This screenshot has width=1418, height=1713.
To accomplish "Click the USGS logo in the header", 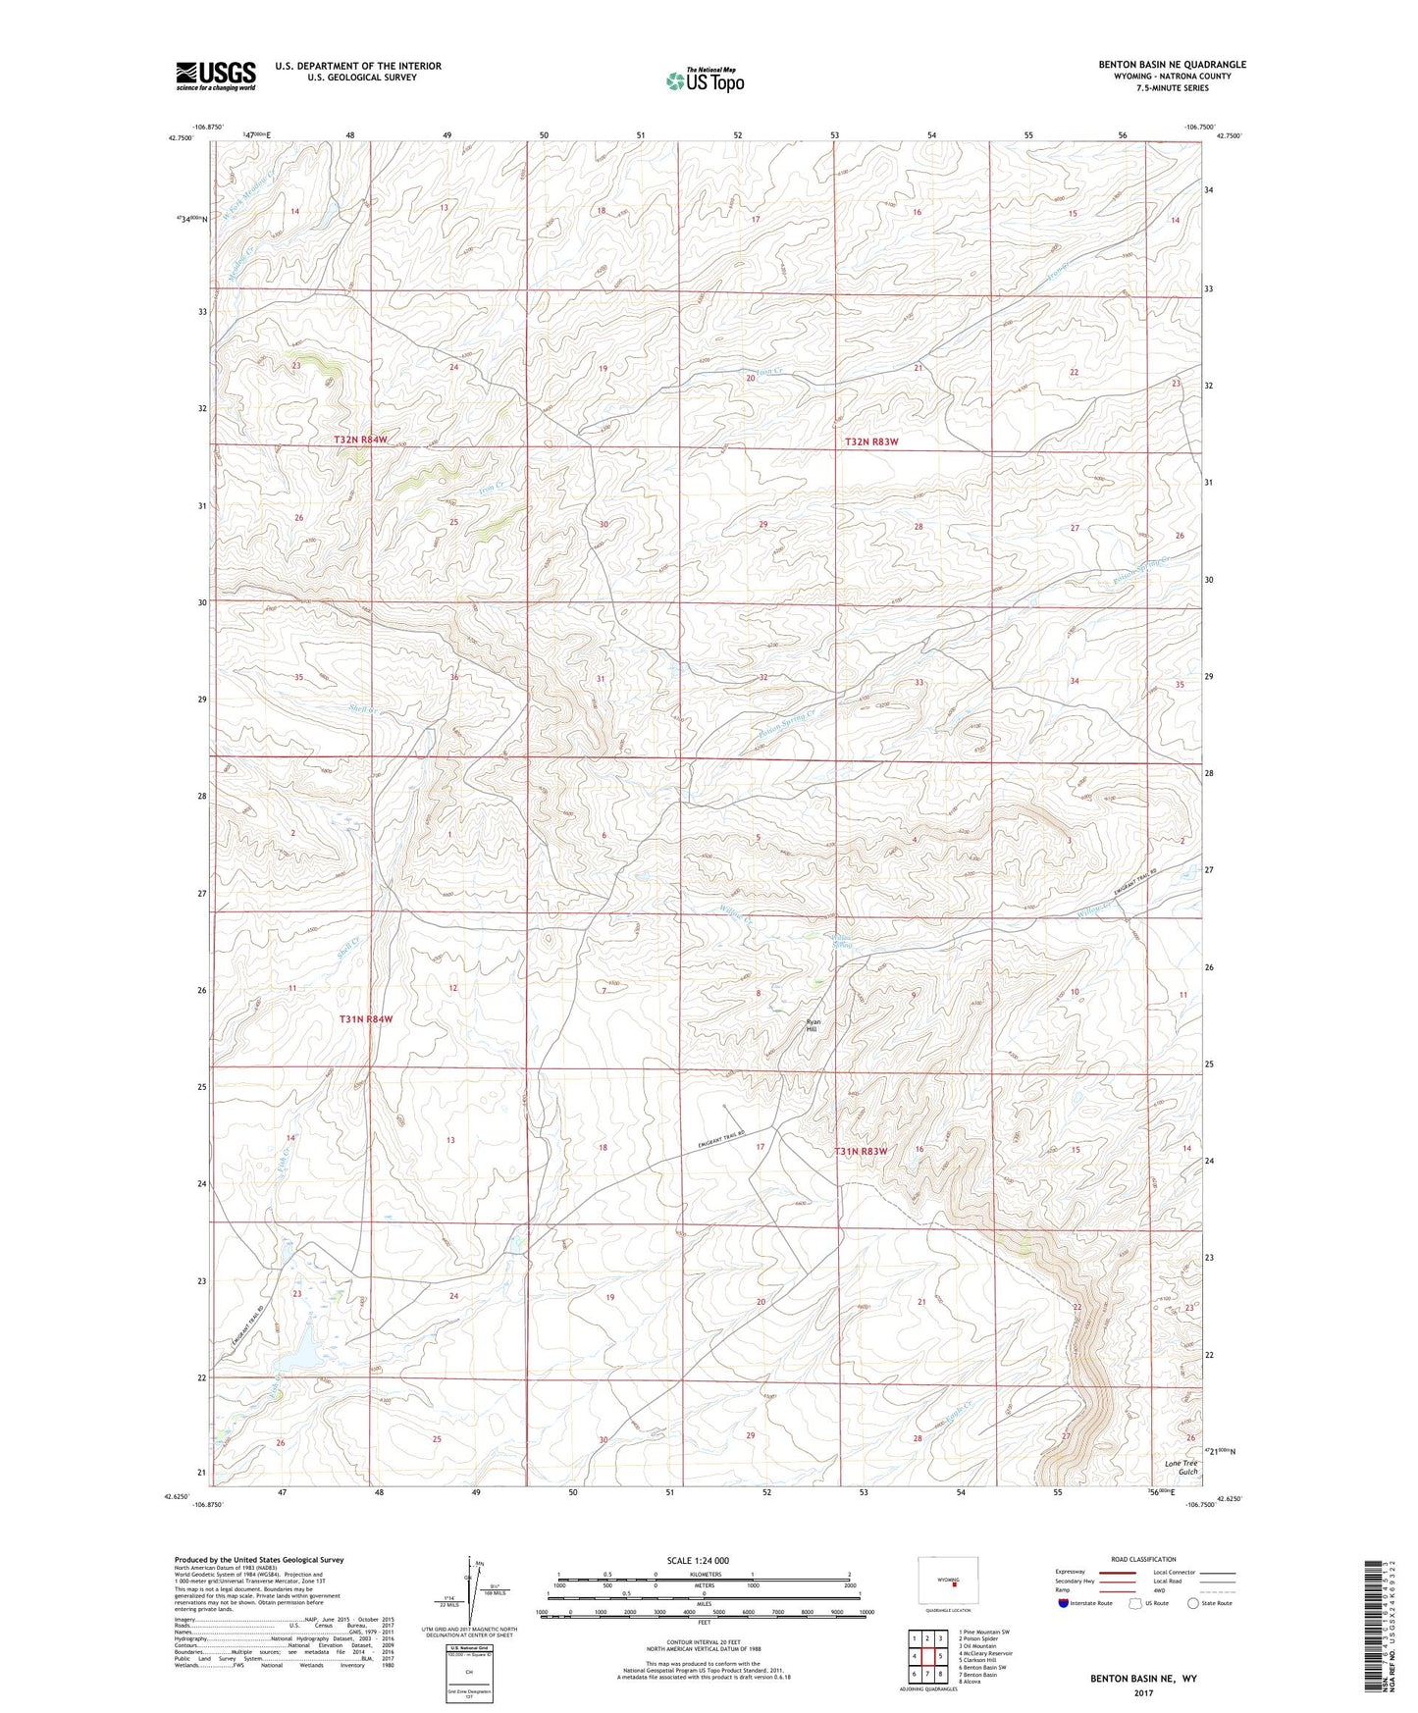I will click(x=216, y=75).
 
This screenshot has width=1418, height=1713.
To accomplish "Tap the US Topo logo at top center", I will click(x=705, y=79).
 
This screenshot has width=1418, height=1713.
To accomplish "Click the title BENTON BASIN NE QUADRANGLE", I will click(x=1172, y=65).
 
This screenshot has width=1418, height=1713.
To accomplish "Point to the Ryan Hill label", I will click(x=812, y=1025).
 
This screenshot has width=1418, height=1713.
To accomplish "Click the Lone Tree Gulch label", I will click(x=1181, y=1468).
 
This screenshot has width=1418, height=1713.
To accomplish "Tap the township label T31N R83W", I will click(x=861, y=1151).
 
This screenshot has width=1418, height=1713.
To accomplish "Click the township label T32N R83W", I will click(x=871, y=442).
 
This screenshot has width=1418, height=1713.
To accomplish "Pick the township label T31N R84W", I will click(x=366, y=1019).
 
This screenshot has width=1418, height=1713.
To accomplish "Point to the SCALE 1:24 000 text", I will click(x=697, y=1560).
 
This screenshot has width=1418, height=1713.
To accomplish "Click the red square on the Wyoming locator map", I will click(x=954, y=1582).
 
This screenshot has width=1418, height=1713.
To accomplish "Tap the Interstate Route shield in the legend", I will click(x=1064, y=1603).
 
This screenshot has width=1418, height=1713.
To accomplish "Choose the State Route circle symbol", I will click(x=1192, y=1603).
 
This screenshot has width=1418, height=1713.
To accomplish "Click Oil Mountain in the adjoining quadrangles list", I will click(x=977, y=1646).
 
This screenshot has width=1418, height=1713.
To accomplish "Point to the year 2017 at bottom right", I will click(x=1142, y=1692).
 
